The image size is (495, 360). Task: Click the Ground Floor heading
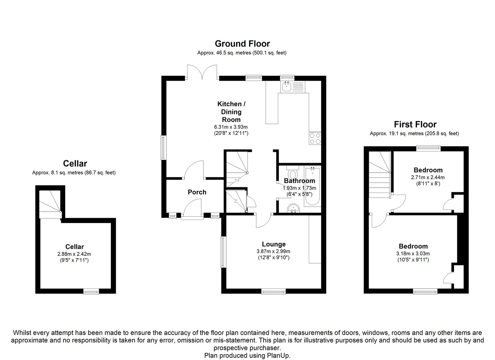point(242,44)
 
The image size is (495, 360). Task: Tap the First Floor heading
point(415,124)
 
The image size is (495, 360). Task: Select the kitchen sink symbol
point(286,87)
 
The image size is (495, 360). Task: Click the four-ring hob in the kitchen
point(315,138)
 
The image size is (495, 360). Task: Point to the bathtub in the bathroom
point(313,187)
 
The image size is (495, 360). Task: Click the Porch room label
point(197,192)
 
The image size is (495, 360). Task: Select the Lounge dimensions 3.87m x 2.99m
point(273,251)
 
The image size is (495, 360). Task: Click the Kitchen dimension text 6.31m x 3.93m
point(231,127)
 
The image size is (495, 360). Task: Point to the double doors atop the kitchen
point(202,72)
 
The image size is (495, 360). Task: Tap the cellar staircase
point(50,202)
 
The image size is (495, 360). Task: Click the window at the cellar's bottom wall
point(91,291)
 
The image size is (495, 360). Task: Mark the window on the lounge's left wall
point(223,251)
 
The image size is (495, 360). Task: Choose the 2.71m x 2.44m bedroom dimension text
point(428,177)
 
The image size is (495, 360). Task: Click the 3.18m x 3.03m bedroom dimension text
point(413,253)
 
